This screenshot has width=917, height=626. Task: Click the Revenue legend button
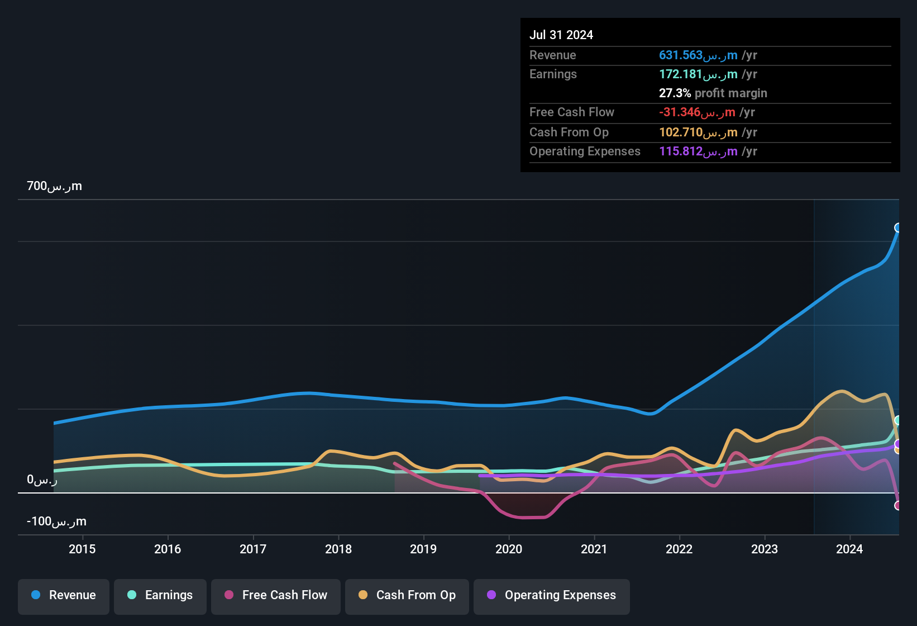click(x=64, y=595)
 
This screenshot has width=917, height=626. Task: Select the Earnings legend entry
click(x=160, y=595)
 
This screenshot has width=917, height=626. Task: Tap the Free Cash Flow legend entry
click(x=276, y=595)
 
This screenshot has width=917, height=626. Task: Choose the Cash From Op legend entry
click(x=407, y=595)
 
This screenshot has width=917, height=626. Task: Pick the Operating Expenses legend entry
click(x=552, y=595)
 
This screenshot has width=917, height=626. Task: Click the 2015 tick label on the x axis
click(x=82, y=549)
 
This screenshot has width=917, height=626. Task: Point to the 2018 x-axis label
click(x=338, y=549)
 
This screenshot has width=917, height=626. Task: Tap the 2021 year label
click(x=594, y=549)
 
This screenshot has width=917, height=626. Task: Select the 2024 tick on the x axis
click(x=849, y=549)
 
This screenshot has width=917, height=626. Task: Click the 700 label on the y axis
click(x=54, y=186)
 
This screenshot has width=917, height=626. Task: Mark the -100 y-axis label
click(x=56, y=521)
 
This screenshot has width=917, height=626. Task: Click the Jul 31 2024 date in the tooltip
click(x=561, y=35)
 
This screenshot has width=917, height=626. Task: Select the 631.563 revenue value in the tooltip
click(x=698, y=55)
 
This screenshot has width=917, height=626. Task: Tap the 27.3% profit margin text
click(x=713, y=93)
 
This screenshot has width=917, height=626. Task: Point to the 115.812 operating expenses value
click(x=698, y=151)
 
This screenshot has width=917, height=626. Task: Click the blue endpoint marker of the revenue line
click(x=898, y=227)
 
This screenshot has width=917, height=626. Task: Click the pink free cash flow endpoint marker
click(x=898, y=505)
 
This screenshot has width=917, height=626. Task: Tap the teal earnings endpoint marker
click(x=898, y=420)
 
